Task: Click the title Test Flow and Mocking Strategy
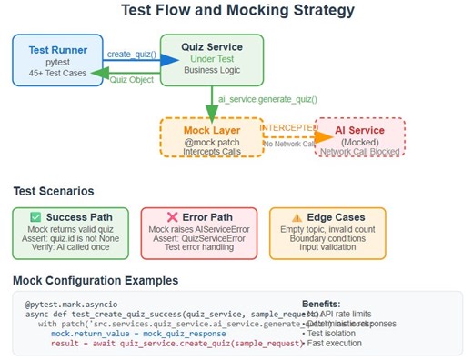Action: [x=237, y=12]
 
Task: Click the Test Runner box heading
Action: [x=57, y=50]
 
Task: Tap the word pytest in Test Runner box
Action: [x=57, y=62]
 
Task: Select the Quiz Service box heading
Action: [x=211, y=46]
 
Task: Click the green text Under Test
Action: [x=211, y=58]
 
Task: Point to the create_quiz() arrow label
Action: [x=131, y=55]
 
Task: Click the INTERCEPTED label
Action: [x=287, y=128]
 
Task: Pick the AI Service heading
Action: [x=361, y=130]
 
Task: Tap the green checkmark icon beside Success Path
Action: [x=35, y=217]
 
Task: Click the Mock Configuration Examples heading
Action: [x=96, y=280]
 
